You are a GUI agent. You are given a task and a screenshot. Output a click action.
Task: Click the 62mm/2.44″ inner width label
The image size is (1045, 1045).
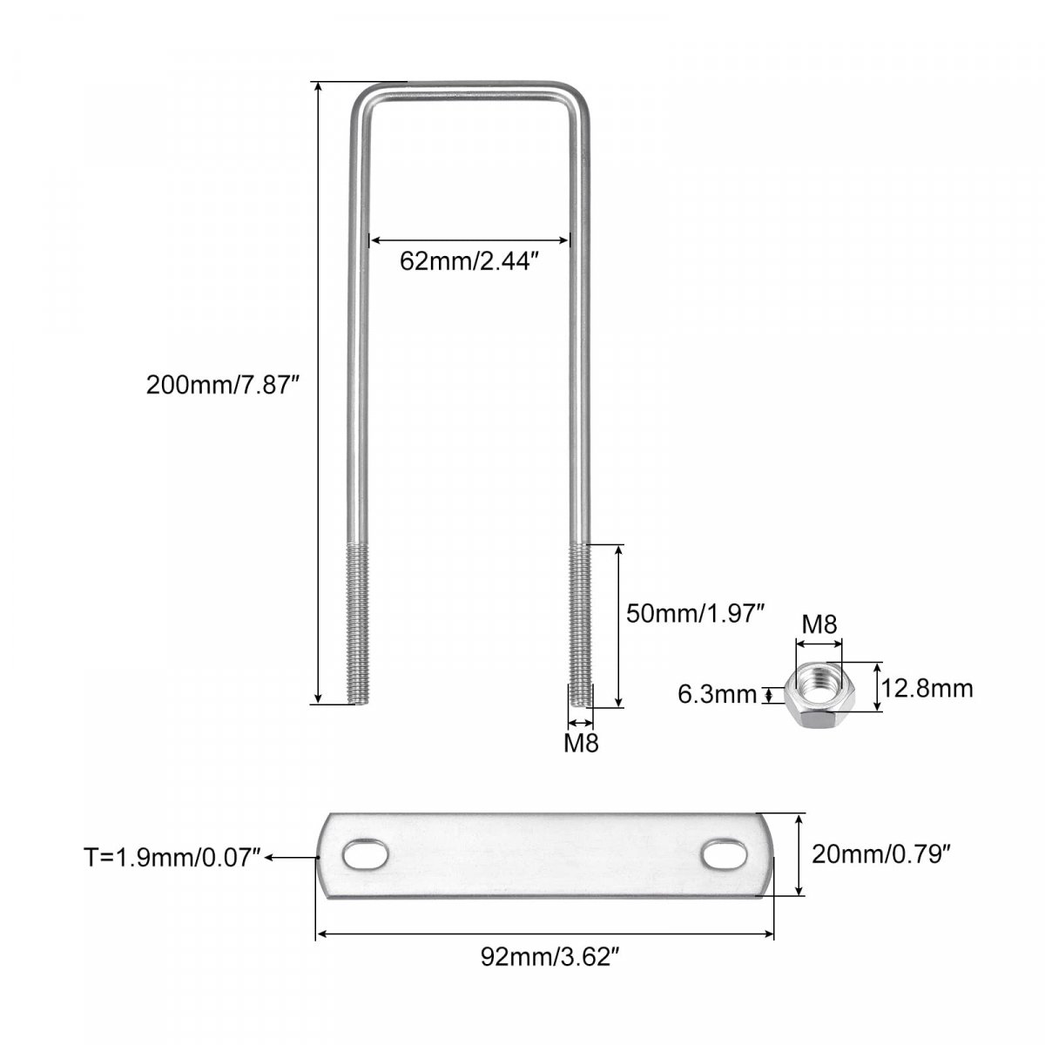(x=469, y=261)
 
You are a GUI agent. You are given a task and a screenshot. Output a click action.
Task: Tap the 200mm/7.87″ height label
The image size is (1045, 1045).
(x=223, y=386)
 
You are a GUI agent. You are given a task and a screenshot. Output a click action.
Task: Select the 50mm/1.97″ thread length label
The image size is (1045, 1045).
(x=695, y=614)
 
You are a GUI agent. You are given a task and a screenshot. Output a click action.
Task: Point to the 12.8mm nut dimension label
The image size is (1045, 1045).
(x=927, y=689)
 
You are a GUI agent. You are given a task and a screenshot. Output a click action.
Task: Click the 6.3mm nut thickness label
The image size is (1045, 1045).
(x=717, y=694)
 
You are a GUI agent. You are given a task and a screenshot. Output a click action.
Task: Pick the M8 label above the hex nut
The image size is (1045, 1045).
(x=819, y=624)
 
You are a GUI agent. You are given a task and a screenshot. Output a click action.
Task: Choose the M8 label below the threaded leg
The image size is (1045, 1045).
(x=581, y=744)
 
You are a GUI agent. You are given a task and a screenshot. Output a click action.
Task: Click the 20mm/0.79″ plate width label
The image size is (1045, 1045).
(x=881, y=854)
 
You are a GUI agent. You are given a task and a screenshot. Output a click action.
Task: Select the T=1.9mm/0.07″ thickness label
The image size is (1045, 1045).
(x=172, y=858)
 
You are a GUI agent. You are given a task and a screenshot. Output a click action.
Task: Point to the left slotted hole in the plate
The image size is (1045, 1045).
(x=366, y=856)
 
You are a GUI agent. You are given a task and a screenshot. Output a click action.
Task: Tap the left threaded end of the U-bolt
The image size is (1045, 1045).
(x=358, y=624)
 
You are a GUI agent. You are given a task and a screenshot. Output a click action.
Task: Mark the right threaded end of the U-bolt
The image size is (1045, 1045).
(x=580, y=624)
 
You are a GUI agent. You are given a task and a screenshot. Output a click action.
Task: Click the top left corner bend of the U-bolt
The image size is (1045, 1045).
(x=364, y=99)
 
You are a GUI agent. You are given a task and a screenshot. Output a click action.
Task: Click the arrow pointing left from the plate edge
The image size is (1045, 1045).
(x=291, y=858)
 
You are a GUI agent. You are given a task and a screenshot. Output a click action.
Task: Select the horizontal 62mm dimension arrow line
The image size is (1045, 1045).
(x=469, y=240)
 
